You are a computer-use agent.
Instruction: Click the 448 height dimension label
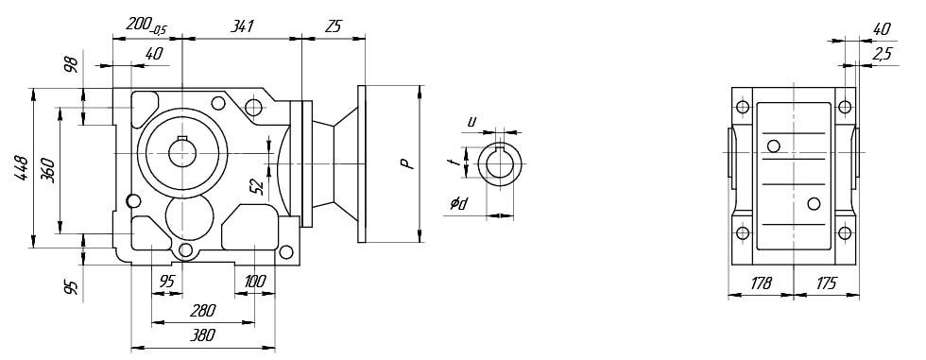tap(22, 168)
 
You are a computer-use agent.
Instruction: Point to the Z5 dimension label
tap(333, 26)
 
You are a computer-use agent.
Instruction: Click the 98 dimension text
tap(71, 64)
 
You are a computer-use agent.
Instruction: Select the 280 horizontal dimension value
tap(202, 311)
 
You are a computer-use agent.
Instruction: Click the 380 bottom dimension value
tap(202, 335)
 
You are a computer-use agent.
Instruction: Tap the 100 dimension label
tap(254, 282)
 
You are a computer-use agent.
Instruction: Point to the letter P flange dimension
tap(406, 163)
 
